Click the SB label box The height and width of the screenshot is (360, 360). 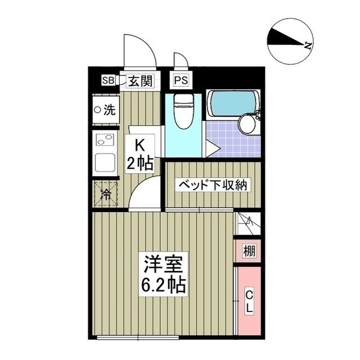tap(107, 80)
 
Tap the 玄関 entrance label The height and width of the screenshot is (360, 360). tap(139, 80)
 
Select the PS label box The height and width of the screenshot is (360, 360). tap(181, 80)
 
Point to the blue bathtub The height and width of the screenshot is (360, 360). tap(233, 103)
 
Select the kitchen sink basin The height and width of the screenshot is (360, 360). tap(105, 162)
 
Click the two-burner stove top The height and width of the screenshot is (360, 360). tap(105, 139)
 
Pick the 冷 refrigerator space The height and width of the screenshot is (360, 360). tap(106, 195)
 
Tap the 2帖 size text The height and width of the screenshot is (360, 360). tap(139, 164)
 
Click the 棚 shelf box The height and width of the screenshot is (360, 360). tap(248, 251)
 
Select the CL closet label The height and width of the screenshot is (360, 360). tap(248, 300)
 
